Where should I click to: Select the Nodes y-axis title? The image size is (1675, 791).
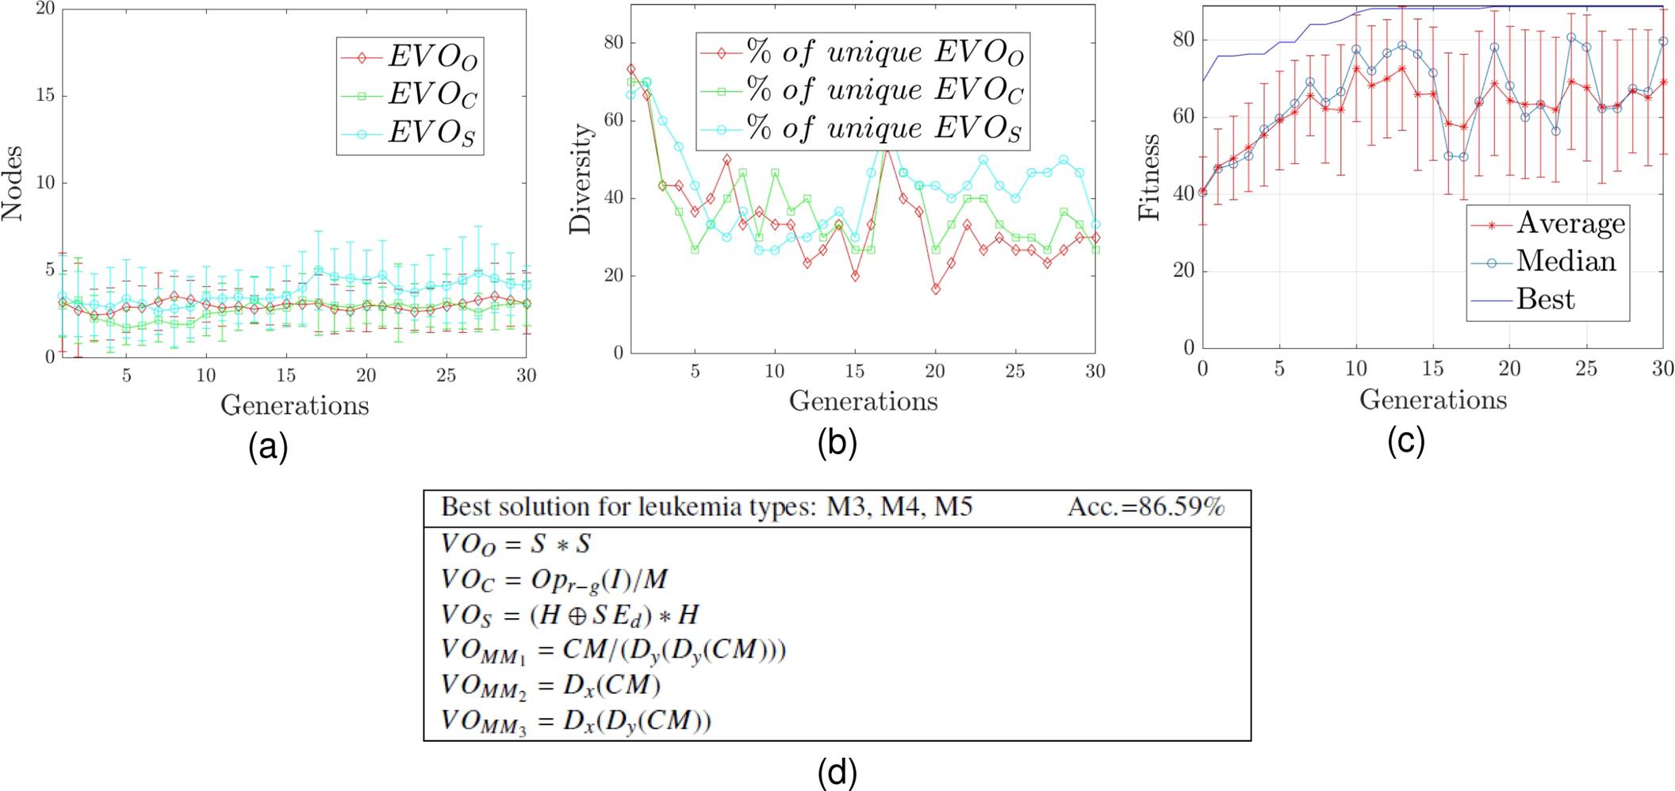pyautogui.click(x=12, y=183)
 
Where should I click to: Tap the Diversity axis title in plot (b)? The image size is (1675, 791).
pyautogui.click(x=581, y=179)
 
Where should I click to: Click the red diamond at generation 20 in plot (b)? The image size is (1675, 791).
pyautogui.click(x=936, y=289)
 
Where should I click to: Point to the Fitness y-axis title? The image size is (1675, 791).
pyautogui.click(x=1149, y=178)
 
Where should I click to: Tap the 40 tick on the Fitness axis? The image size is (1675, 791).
pyautogui.click(x=1183, y=193)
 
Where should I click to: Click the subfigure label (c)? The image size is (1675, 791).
pyautogui.click(x=1405, y=440)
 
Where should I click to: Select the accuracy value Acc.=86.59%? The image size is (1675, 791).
pyautogui.click(x=1146, y=507)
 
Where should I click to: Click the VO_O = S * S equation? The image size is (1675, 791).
pyautogui.click(x=516, y=545)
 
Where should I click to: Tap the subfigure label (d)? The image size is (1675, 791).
pyautogui.click(x=837, y=771)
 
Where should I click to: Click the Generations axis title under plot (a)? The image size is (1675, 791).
pyautogui.click(x=294, y=405)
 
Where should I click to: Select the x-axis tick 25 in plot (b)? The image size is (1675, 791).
pyautogui.click(x=1014, y=371)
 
